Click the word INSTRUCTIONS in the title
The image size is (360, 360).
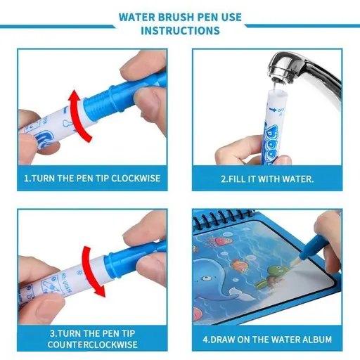pos(180,31)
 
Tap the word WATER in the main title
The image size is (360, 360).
pos(139,15)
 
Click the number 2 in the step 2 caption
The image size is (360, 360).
pos(224,179)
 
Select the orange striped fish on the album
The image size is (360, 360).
pos(243,266)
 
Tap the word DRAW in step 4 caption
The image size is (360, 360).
pos(222,339)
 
